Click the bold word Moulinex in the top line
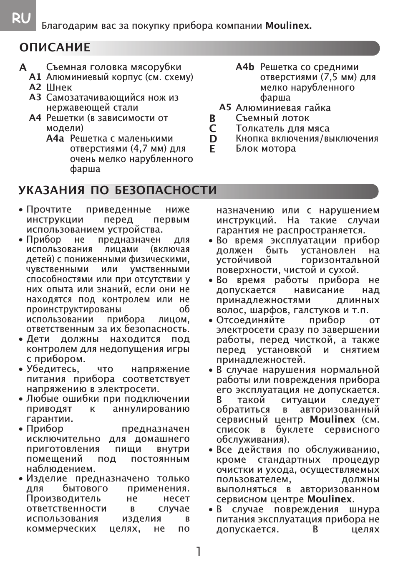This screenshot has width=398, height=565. point(289,26)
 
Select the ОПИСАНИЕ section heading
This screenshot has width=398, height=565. point(55,48)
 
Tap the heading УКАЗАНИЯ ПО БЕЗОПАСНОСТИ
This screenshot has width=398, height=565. point(118,190)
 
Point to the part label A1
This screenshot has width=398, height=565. point(35,77)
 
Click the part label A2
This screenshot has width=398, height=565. point(35,87)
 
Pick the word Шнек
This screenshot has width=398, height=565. point(59,87)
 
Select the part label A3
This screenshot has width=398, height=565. point(35,97)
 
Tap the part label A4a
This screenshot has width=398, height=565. point(55,139)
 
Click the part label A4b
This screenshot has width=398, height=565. point(245,67)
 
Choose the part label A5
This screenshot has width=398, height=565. point(225,107)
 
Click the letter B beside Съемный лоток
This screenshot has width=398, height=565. point(213,119)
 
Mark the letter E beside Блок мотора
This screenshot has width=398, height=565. point(213,149)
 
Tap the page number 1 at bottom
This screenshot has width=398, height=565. point(199,552)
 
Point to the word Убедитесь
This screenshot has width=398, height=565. point(53,369)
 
